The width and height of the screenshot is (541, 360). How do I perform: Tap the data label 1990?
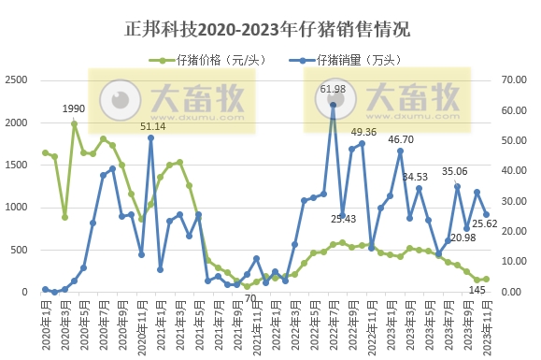tap(74, 109)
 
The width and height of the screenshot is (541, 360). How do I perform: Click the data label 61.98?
tap(334, 90)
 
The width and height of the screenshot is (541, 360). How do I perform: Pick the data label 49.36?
tap(363, 132)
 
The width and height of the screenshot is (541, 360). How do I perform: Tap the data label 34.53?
tap(415, 177)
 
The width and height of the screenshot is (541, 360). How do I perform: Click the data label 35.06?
tap(455, 171)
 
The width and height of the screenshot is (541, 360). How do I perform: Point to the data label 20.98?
tap(462, 238)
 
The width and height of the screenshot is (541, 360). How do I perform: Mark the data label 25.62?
tap(483, 223)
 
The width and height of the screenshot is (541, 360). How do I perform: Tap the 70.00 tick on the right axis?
tap(516, 80)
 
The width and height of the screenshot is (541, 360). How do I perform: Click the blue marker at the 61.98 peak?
tap(334, 105)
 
